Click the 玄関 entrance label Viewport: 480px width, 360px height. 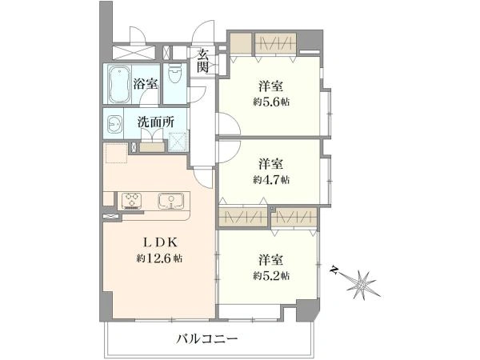pyautogui.click(x=203, y=61)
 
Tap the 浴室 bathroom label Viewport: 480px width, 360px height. pyautogui.click(x=145, y=83)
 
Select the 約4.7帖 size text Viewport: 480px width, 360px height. pyautogui.click(x=271, y=179)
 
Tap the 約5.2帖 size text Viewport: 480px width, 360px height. pyautogui.click(x=271, y=275)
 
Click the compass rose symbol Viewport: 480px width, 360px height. pyautogui.click(x=362, y=283)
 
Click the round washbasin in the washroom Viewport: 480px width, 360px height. pyautogui.click(x=114, y=125)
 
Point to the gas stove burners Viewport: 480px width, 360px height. pyautogui.click(x=130, y=200)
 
